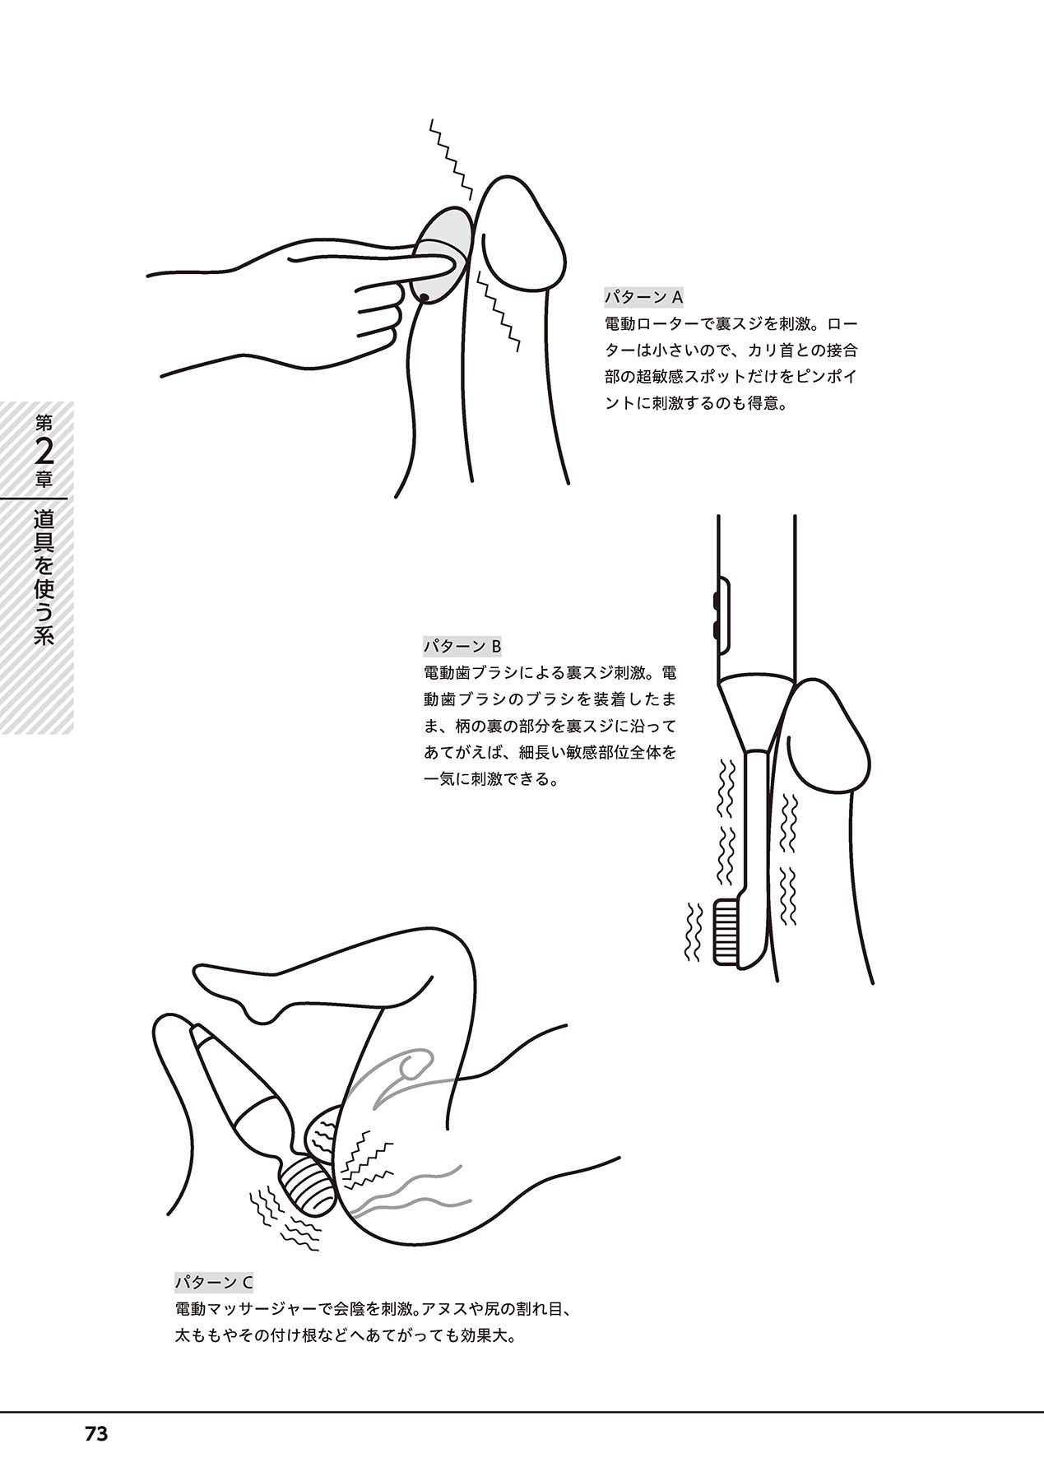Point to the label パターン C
[214, 1282]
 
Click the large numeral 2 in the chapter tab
[45, 454]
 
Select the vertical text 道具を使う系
[45, 578]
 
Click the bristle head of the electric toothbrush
[725, 931]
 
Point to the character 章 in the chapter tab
[45, 481]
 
